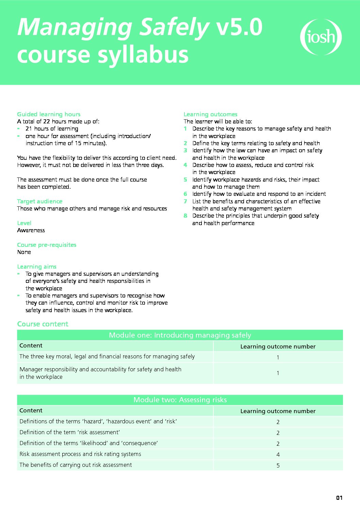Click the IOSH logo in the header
321,37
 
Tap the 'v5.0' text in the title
240,27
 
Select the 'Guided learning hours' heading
49,114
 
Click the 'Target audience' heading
39,201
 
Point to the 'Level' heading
24,223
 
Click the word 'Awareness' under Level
31,230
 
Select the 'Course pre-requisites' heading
47,245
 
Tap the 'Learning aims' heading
37,267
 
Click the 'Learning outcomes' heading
210,114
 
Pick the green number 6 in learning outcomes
185,194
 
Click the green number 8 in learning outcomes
185,216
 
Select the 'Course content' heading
43,324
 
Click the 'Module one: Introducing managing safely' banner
180,335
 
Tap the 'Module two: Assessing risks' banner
180,400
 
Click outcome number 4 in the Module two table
278,455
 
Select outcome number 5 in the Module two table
278,465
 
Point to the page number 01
339,498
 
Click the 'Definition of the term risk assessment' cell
70,432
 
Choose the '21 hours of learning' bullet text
52,129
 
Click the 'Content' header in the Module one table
31,345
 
